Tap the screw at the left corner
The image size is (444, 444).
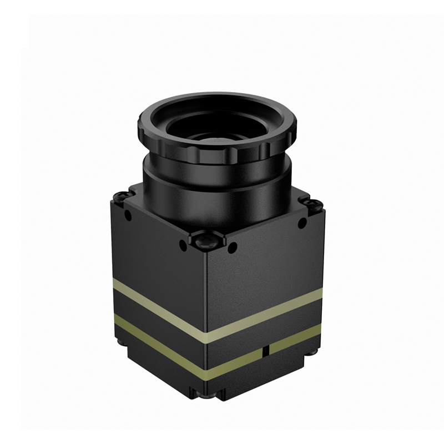point(122,195)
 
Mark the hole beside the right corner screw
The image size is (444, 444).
point(302,224)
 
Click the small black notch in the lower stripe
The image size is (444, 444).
point(267,350)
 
